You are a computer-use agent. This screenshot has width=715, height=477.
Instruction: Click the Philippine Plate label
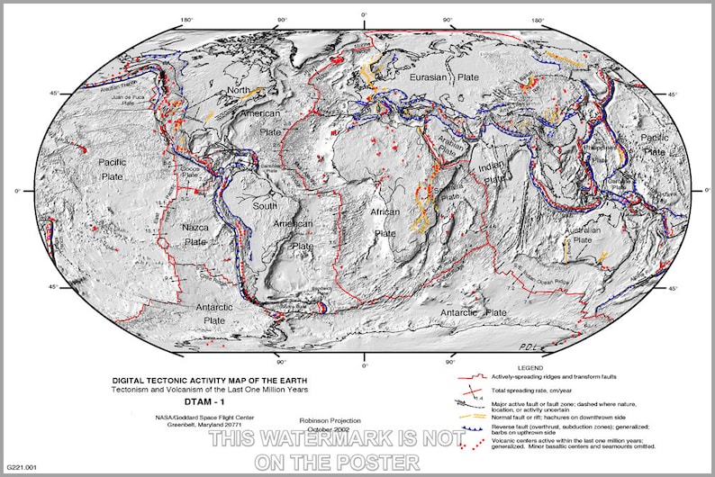598,148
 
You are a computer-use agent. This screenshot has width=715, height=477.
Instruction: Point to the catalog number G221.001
22,467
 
